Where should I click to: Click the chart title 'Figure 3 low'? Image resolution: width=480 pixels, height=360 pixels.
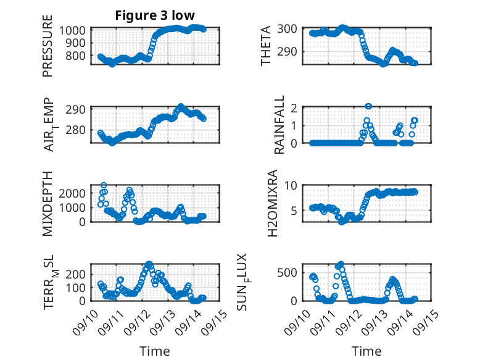coord(155,16)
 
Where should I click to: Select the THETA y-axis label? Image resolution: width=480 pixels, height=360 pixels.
coord(266,46)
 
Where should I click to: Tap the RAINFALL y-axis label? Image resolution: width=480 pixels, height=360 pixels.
coord(279,124)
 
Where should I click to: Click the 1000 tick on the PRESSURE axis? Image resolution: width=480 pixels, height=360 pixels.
coord(75,30)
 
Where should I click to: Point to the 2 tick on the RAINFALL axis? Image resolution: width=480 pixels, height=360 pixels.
coord(295,107)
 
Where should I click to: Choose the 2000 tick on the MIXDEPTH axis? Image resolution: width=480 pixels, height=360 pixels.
coord(75,193)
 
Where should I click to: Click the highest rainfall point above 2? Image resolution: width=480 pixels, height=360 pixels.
coord(368,106)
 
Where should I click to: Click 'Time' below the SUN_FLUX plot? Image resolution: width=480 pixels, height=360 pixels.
coord(366,351)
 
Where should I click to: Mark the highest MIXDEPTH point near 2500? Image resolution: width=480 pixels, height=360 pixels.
coord(104,185)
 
